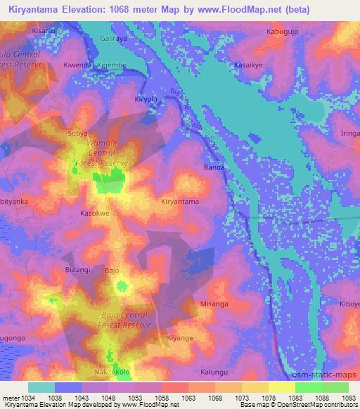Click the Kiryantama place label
pyautogui.click(x=180, y=202)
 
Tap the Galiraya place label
pyautogui.click(x=116, y=41)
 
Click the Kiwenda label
pyautogui.click(x=78, y=65)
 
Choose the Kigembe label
pyautogui.click(x=112, y=65)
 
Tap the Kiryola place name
pyautogui.click(x=148, y=100)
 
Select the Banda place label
pyautogui.click(x=214, y=167)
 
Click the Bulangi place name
pyautogui.click(x=78, y=270)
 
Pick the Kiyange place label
pyautogui.click(x=180, y=338)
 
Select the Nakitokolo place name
pyautogui.click(x=112, y=371)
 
